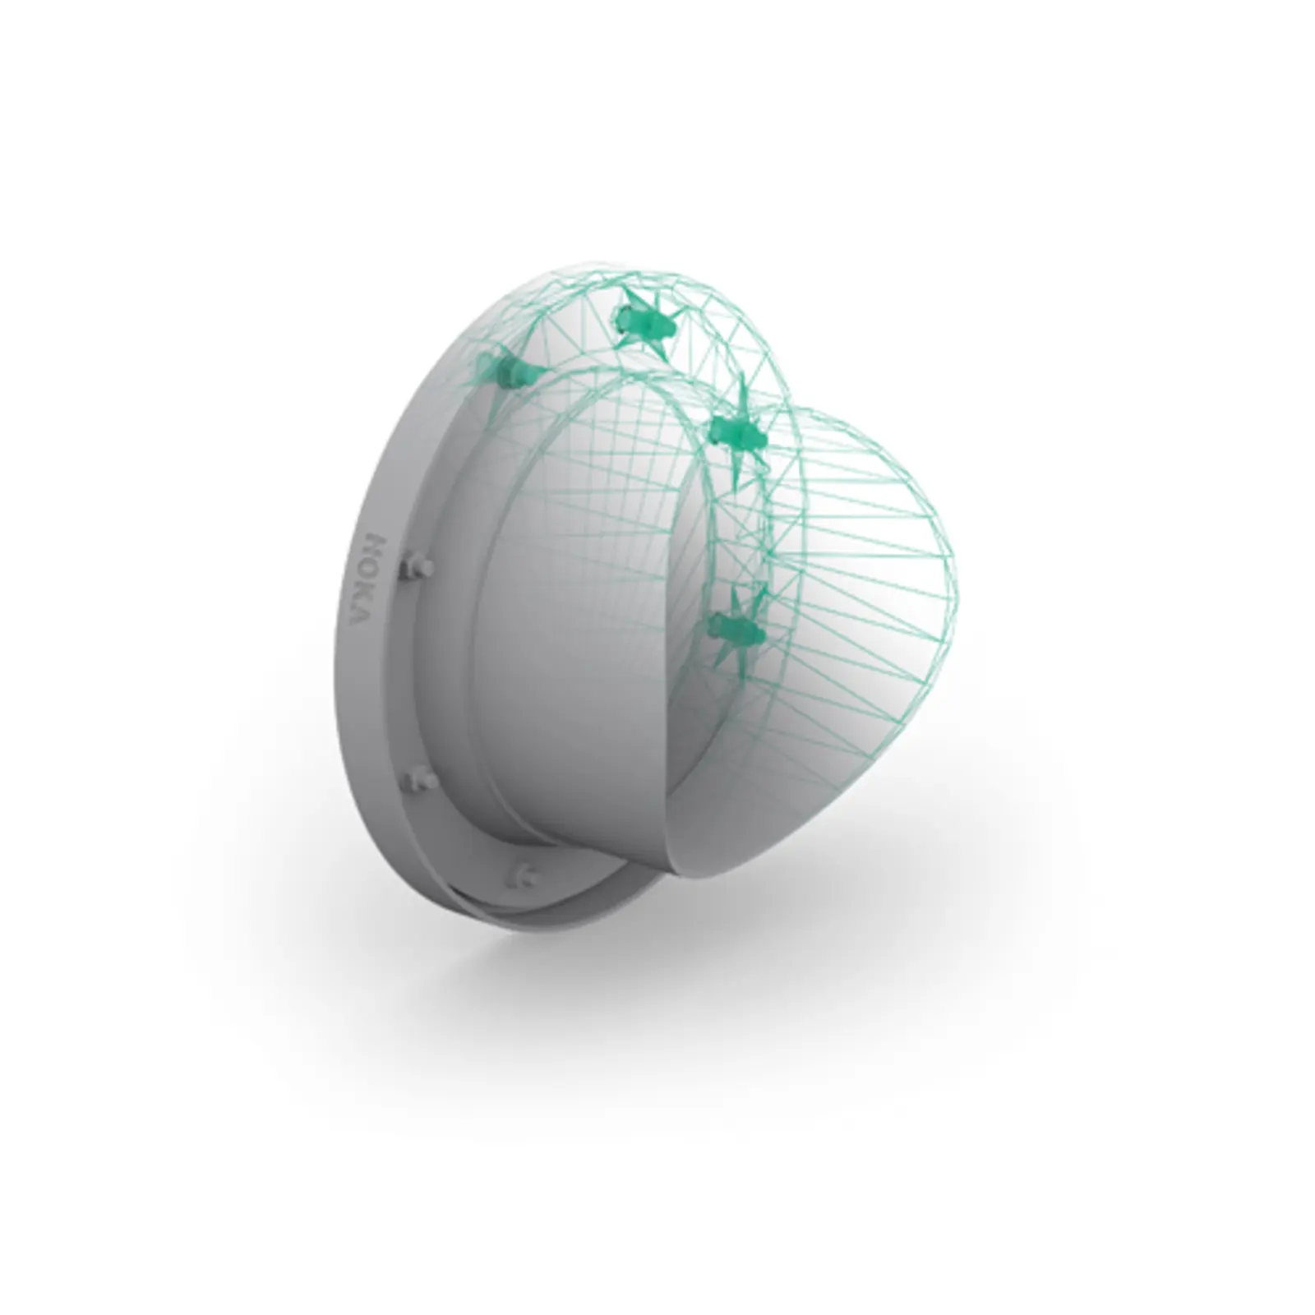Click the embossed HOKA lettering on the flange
(x=367, y=579)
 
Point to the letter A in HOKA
(x=362, y=614)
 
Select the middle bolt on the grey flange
(x=421, y=777)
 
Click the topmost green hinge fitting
(x=646, y=322)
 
